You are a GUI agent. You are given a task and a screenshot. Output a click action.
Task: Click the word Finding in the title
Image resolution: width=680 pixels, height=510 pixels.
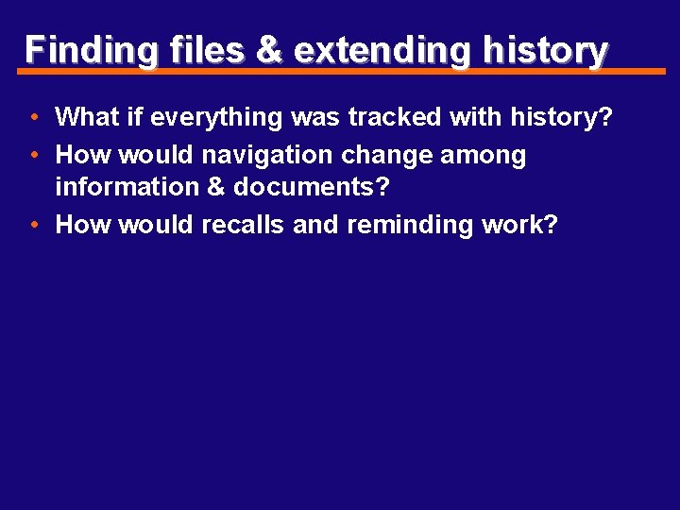[x=90, y=51]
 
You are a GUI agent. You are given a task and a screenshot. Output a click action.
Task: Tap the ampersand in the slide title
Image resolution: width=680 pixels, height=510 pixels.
[x=269, y=49]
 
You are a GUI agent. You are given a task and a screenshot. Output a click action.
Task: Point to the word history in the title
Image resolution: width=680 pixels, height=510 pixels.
[x=544, y=50]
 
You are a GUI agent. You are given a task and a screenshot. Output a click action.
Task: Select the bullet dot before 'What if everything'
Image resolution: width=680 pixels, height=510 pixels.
[x=33, y=118]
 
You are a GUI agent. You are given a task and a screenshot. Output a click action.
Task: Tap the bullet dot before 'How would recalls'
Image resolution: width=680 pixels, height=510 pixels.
[x=33, y=226]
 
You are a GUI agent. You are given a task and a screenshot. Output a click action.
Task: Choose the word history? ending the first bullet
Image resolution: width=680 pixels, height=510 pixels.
[x=561, y=118]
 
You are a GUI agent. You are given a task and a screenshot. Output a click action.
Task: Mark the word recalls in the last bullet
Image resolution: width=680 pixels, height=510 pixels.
[x=243, y=225]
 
